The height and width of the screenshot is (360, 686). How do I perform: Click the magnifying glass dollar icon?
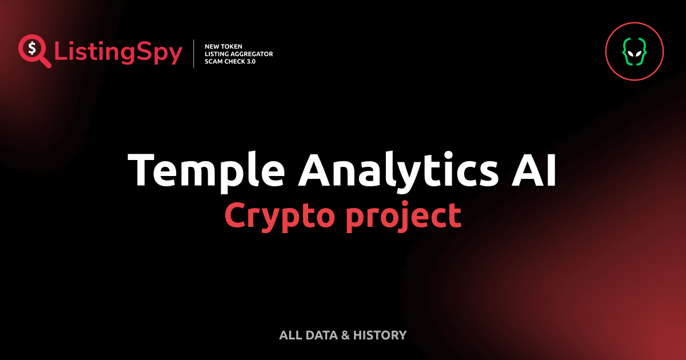coord(33,51)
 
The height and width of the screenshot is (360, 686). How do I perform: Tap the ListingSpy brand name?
coord(118,53)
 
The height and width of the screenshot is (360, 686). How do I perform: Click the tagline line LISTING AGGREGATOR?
coord(238,54)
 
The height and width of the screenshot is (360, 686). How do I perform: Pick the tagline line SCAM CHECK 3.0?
coord(230,61)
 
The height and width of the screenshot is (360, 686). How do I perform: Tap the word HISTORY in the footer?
coord(380,335)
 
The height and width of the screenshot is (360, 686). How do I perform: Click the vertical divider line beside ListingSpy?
coord(194,54)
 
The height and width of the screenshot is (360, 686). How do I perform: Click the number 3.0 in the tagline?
coord(249,61)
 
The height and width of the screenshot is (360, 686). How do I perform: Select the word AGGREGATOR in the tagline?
coord(252,54)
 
